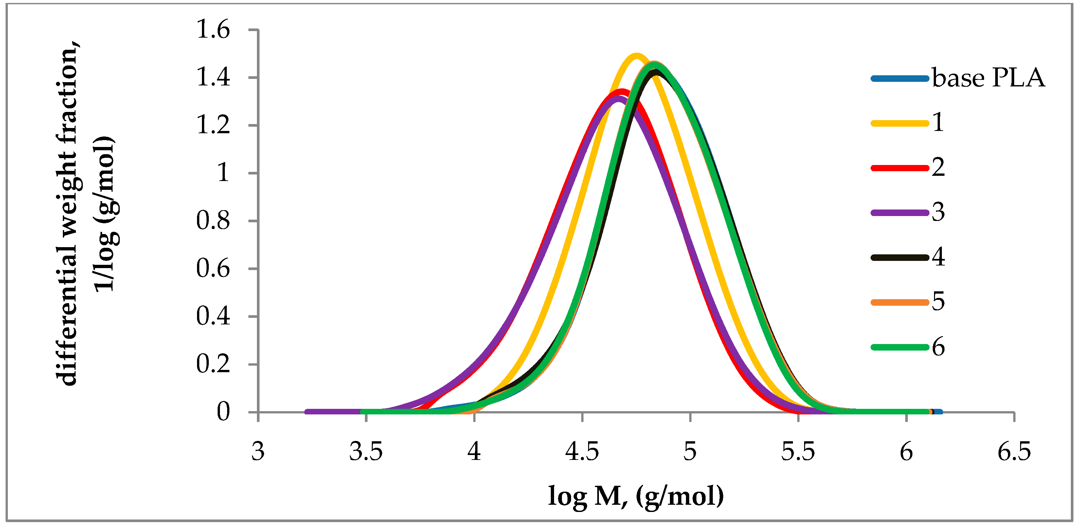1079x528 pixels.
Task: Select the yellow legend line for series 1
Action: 900,123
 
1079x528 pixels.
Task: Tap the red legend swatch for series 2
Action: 900,168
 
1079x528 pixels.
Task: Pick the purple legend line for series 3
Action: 900,213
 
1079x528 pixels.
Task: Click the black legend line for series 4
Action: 900,257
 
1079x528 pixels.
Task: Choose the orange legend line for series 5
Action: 900,302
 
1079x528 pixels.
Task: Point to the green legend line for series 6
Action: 900,347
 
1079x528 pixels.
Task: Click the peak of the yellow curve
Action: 636,56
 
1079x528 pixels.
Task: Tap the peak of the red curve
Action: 622,92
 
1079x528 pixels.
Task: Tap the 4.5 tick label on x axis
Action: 582,452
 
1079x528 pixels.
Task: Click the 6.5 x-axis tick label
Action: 1014,452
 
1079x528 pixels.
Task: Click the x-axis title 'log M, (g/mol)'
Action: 636,497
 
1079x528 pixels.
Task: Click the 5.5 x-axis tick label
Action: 798,452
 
